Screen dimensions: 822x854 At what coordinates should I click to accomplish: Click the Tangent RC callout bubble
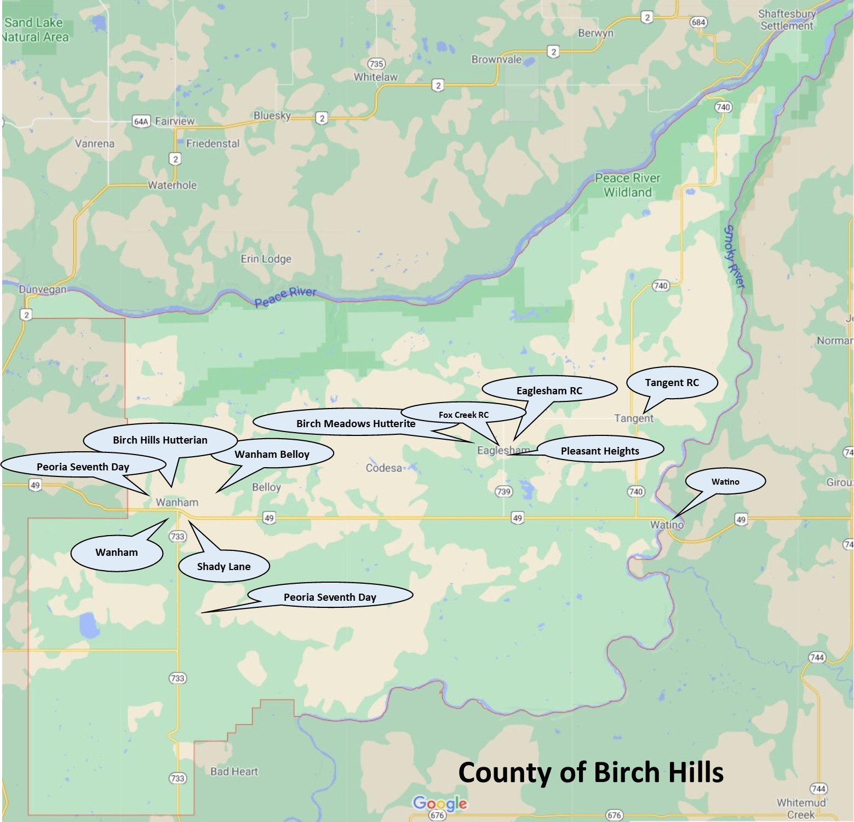click(672, 383)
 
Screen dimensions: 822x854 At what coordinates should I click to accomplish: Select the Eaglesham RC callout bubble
click(549, 390)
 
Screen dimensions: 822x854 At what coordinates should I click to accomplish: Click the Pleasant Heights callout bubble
click(600, 451)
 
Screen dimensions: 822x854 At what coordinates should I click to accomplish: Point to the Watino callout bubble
click(725, 482)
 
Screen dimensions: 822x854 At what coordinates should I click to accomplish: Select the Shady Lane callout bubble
click(223, 566)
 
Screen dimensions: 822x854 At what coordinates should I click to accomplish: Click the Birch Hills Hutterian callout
click(160, 440)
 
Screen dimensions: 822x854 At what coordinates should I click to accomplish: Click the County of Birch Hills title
click(591, 773)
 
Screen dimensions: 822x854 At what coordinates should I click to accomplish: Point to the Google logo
click(440, 803)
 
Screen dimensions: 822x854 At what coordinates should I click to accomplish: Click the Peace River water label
click(285, 296)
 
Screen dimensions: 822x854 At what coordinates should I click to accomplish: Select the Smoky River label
click(734, 256)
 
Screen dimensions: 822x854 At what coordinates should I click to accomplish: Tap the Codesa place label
click(383, 468)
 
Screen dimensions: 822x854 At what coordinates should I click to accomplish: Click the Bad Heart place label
click(234, 772)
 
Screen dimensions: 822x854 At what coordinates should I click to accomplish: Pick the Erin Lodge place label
click(266, 259)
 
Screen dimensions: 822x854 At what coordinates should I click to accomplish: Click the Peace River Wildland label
click(627, 185)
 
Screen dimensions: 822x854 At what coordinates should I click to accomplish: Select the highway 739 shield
click(503, 491)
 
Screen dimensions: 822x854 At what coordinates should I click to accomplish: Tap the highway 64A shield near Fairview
click(141, 122)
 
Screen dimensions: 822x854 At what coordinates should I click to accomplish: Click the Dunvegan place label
click(43, 289)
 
